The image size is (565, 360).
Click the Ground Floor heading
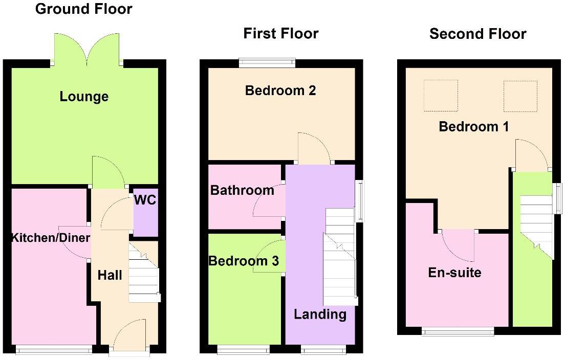pos(83,9)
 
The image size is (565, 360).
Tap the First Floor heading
pos(280,34)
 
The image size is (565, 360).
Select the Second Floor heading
pos(477,34)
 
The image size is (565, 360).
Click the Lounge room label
pos(84,96)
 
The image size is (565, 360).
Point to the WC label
pos(145,200)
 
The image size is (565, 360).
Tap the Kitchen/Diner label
pos(51,237)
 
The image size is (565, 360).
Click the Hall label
pos(110,275)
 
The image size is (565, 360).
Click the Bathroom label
pos(242,191)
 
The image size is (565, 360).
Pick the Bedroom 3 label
pos(244,261)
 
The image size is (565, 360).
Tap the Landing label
pos(320,314)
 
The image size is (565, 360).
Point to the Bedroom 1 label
pos(474,126)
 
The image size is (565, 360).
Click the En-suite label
pos(454,272)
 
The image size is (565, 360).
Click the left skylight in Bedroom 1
pos(440,96)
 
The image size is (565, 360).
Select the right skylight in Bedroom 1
pos(520,96)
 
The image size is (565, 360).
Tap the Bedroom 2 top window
pos(267,63)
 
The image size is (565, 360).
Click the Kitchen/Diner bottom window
pos(54,349)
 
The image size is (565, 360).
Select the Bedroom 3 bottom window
pos(244,350)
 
